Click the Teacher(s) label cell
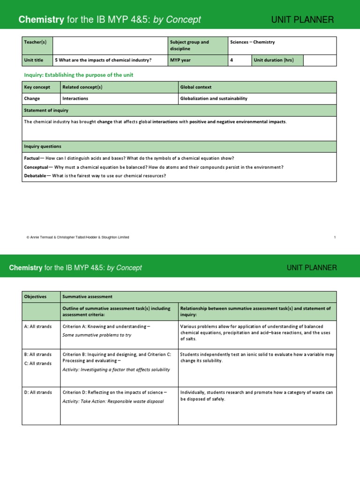[37, 45]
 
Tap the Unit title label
[34, 60]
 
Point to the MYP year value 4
[232, 60]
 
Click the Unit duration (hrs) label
[274, 60]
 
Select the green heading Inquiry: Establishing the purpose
[78, 75]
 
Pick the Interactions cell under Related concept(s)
[75, 99]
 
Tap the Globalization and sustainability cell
[214, 99]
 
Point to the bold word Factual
[32, 158]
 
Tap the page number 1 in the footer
[335, 237]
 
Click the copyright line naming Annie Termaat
[77, 237]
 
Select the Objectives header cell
[35, 297]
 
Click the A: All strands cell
[37, 326]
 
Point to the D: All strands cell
[37, 392]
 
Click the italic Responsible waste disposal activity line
[113, 402]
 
